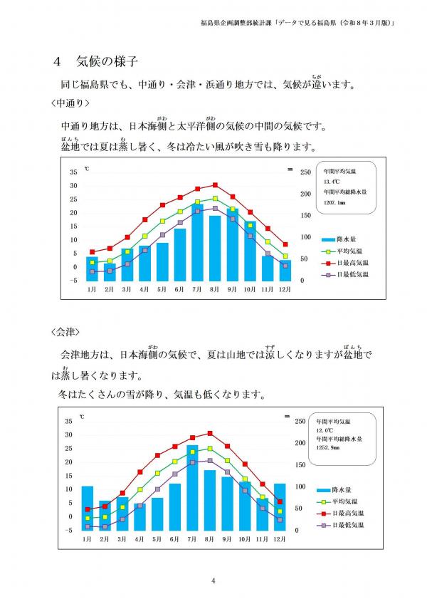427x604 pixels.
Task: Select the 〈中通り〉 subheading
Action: (x=70, y=103)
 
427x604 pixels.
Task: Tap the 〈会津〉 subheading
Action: (x=65, y=333)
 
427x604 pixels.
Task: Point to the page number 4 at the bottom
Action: (x=213, y=580)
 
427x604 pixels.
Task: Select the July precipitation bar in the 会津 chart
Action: (x=192, y=488)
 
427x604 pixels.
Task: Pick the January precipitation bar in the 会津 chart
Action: (x=88, y=508)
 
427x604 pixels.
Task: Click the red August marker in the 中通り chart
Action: (x=215, y=185)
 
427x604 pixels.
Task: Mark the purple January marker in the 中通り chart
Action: (x=92, y=271)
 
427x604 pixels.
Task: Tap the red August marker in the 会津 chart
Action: (x=210, y=433)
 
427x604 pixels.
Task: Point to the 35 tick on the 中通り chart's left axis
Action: (x=73, y=172)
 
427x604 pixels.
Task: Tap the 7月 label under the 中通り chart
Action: (x=197, y=289)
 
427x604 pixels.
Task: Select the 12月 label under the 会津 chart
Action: (x=280, y=538)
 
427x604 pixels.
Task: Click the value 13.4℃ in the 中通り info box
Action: (x=332, y=182)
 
